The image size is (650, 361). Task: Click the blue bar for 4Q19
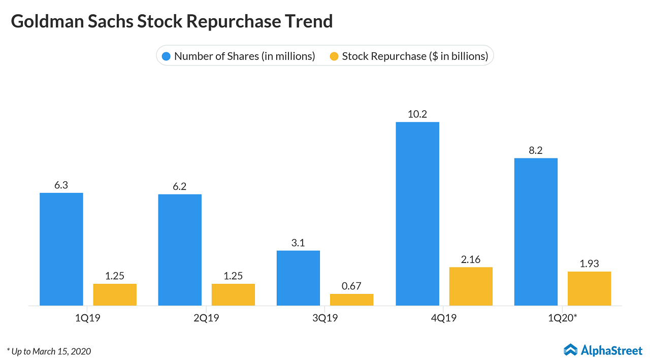click(417, 214)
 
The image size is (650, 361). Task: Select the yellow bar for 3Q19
click(351, 300)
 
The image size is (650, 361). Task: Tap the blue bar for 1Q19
click(61, 249)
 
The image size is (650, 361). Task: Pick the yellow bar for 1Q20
click(589, 288)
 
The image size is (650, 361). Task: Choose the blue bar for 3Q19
click(298, 278)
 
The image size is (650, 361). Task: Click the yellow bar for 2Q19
click(233, 294)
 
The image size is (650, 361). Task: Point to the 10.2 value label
click(417, 114)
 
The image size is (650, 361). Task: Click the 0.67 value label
click(351, 286)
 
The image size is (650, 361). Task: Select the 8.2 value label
click(536, 150)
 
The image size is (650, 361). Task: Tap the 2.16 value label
click(470, 259)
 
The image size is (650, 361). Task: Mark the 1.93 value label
click(589, 264)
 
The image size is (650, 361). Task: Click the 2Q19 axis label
click(206, 318)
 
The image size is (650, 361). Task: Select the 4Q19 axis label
click(444, 318)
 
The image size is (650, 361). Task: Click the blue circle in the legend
click(166, 56)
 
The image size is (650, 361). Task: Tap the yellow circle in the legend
click(334, 56)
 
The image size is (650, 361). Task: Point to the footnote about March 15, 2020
click(49, 351)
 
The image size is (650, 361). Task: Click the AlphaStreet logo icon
click(571, 350)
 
